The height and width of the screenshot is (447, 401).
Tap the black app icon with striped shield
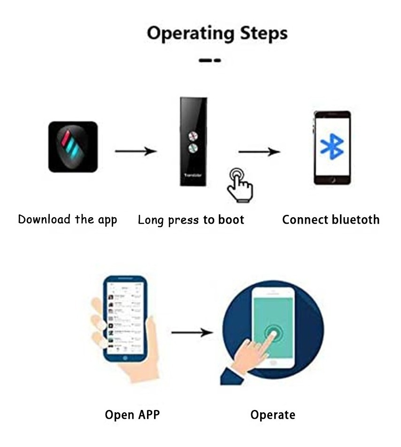coord(73,147)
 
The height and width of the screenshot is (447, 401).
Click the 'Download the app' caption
coord(67,220)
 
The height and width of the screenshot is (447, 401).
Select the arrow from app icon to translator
coord(135,151)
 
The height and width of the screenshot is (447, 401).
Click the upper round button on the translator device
coord(193,136)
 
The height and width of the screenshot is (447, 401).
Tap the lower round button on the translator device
coord(193,149)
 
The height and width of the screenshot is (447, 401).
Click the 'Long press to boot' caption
coord(191,220)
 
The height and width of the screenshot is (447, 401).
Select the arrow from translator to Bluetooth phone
coord(259,152)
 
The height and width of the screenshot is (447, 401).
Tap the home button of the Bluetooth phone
coord(332,181)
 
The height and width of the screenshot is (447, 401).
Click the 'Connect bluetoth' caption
coord(331,220)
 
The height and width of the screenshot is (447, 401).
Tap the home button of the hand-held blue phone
coord(125,357)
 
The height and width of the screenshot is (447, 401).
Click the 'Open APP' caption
coord(132,415)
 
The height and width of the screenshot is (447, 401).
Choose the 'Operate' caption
coord(272,415)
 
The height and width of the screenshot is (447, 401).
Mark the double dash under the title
coord(209,60)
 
